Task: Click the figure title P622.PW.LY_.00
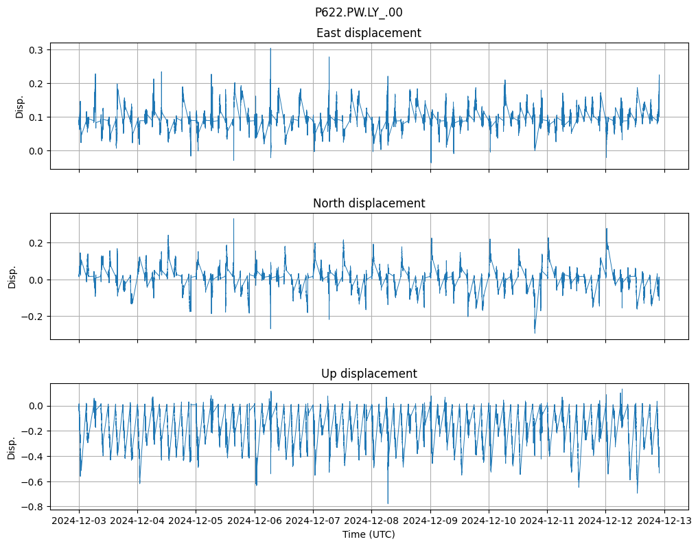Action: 358,12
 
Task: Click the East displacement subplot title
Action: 369,33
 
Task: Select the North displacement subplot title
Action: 369,203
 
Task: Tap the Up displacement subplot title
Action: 369,374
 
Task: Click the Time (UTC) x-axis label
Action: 369,534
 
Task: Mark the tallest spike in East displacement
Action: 270,48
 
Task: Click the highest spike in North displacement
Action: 233,219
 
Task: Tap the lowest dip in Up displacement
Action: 388,503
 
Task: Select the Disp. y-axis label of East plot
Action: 19,106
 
